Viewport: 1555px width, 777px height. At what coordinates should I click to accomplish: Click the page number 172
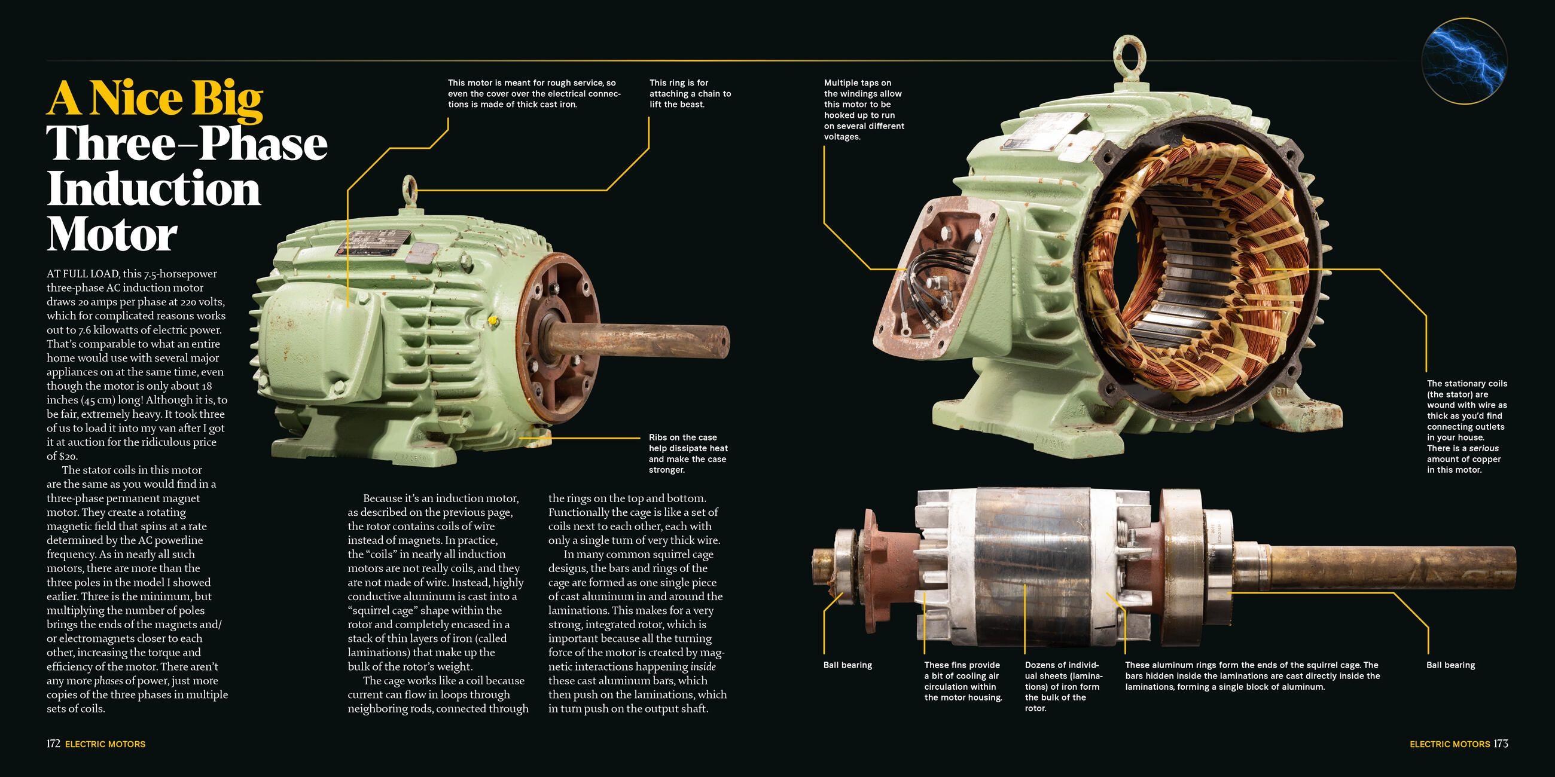coord(53,744)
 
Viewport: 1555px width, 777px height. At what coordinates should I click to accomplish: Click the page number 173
coord(1501,744)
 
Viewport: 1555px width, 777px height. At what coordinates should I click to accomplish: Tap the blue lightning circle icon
coord(1464,61)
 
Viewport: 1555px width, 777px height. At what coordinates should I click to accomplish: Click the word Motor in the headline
coord(112,234)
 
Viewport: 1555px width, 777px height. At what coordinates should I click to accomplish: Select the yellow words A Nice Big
coord(155,98)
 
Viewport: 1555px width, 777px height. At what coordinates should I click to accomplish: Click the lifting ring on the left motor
coord(410,186)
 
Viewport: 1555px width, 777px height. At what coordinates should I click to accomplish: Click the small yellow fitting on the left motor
coord(492,320)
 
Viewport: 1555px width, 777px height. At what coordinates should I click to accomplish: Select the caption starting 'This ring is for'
coord(690,93)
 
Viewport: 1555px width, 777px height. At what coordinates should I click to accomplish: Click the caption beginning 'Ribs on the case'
coord(688,453)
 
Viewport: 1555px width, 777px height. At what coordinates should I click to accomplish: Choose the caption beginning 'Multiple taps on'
coord(864,110)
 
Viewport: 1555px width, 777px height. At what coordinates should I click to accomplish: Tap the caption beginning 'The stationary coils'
coord(1467,426)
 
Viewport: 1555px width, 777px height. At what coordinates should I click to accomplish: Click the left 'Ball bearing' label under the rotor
coord(847,665)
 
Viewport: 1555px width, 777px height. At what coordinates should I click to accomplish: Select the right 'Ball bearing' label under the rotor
coord(1450,665)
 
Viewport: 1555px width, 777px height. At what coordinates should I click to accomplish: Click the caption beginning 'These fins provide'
coord(963,681)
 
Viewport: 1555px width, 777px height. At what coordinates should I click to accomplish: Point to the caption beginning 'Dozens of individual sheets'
coord(1063,687)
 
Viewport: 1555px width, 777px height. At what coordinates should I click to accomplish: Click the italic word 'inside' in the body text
coord(703,666)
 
